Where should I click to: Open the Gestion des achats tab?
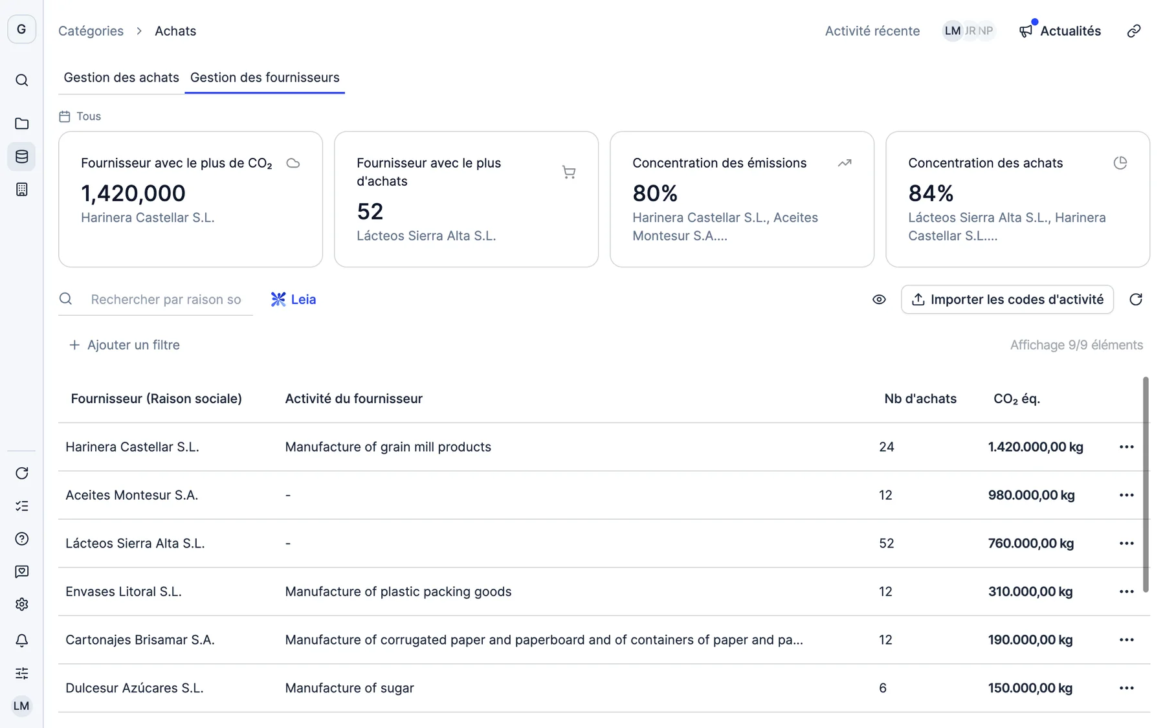pos(121,78)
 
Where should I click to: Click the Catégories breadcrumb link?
pos(91,31)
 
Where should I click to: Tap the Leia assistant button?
pos(293,300)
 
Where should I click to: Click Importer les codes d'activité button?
pos(1007,300)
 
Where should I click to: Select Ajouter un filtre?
pos(124,345)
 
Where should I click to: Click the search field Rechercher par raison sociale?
pos(166,300)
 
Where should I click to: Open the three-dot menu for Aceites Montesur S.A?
pos(1126,495)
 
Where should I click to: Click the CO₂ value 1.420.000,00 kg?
pos(1036,447)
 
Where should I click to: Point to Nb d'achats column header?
pos(920,399)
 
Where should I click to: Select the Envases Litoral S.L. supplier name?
pos(124,591)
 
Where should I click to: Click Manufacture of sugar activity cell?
pos(349,688)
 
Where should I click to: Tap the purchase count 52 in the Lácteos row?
pos(887,544)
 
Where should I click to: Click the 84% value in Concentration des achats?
pos(931,193)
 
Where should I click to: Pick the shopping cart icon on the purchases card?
pos(569,172)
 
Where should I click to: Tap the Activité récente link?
pos(872,31)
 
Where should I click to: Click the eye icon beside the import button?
pos(879,300)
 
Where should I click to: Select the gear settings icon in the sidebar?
pos(22,604)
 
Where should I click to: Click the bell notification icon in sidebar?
pos(22,641)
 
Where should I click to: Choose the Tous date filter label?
pos(89,116)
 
